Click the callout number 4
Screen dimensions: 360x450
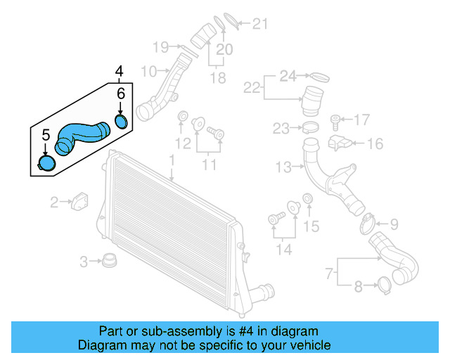pyautogui.click(x=120, y=71)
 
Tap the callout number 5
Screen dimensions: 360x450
pyautogui.click(x=46, y=134)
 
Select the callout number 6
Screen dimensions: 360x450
pyautogui.click(x=120, y=94)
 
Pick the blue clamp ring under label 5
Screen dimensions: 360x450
pyautogui.click(x=46, y=164)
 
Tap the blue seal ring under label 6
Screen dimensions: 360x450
pyautogui.click(x=121, y=122)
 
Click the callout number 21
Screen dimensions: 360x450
pyautogui.click(x=260, y=25)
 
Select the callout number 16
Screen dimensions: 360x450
pyautogui.click(x=374, y=144)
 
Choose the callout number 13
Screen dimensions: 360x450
pyautogui.click(x=283, y=167)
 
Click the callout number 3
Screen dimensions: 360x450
pyautogui.click(x=84, y=262)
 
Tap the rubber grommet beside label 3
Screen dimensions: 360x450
pyautogui.click(x=108, y=261)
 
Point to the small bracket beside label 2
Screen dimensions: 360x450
pyautogui.click(x=80, y=200)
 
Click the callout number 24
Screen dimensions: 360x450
pyautogui.click(x=288, y=75)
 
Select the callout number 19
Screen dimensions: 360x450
pyautogui.click(x=161, y=47)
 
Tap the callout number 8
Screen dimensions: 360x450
pyautogui.click(x=358, y=286)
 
